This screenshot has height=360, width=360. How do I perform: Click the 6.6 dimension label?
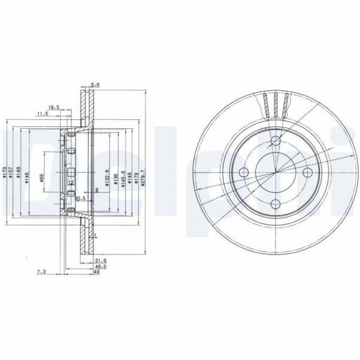95,84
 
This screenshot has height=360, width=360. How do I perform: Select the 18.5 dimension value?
53,107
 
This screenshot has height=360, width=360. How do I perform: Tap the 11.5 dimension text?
43,113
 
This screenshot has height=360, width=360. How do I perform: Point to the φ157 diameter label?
10,174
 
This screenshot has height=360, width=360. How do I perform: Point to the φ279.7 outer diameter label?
143,179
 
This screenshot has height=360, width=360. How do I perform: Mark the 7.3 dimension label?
41,271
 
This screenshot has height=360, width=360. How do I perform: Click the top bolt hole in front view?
276,141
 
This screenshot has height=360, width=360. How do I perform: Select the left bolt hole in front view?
243,173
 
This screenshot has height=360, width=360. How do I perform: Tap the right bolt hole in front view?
308,173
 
